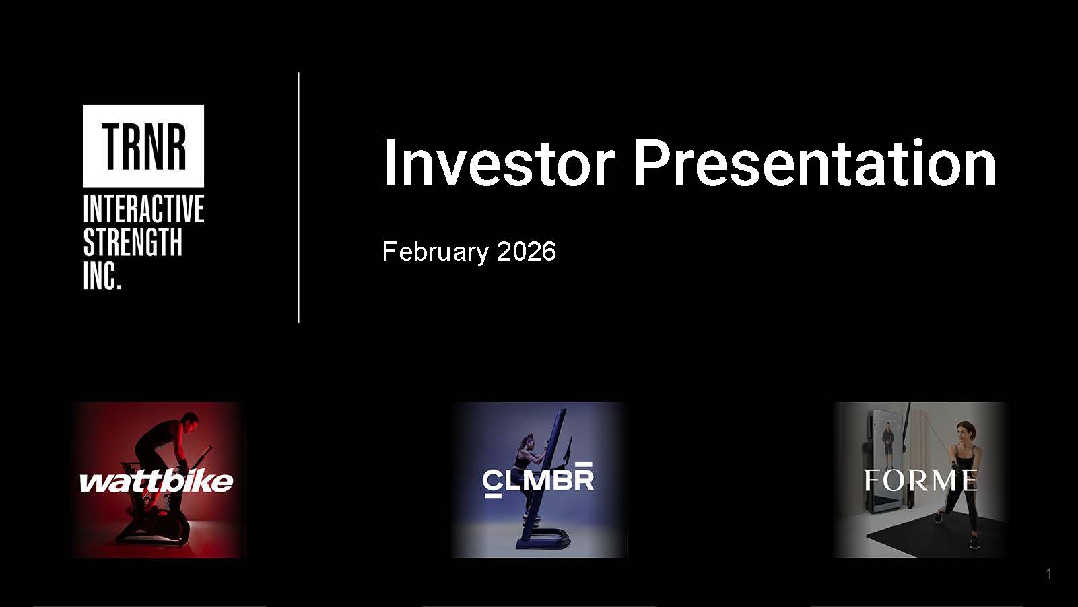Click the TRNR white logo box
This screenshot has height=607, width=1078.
143,146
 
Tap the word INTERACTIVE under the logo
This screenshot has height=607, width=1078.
143,209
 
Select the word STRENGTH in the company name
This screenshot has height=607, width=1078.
133,242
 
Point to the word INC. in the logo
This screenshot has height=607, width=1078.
102,276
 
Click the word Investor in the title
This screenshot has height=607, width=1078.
499,163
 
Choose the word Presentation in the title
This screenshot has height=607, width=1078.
814,163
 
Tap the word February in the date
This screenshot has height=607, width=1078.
436,252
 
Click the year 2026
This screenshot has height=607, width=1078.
526,251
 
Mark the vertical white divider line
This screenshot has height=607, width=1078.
299,197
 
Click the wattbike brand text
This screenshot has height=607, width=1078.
156,481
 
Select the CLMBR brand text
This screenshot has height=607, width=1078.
538,480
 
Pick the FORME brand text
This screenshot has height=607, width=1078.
920,480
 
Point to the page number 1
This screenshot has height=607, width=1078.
1048,574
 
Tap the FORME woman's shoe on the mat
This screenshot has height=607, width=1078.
974,542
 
